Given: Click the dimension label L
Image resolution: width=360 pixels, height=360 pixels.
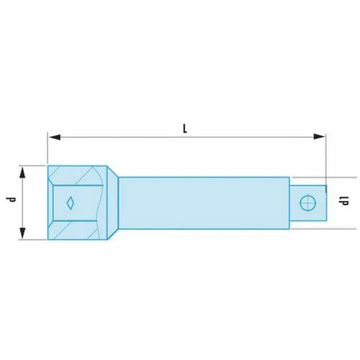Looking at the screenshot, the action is point(185,129).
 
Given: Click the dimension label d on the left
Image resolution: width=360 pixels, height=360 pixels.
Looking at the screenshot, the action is point(11,199).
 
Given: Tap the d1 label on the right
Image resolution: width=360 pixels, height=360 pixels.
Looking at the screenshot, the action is point(343,201).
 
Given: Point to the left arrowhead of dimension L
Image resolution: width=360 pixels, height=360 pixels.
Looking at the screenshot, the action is point(54,138).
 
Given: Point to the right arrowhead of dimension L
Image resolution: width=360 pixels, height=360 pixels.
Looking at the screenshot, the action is point(320,137).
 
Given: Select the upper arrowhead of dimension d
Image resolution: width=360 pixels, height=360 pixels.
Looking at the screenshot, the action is point(22,173).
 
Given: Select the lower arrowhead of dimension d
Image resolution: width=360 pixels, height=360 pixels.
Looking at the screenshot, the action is point(22,233).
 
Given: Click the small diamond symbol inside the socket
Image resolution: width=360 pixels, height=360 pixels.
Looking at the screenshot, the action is point(70,203).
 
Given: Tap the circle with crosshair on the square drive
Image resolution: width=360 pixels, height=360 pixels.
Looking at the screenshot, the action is point(308,203).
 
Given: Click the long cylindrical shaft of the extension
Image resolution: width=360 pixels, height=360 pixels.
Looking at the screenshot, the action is point(204,203).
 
